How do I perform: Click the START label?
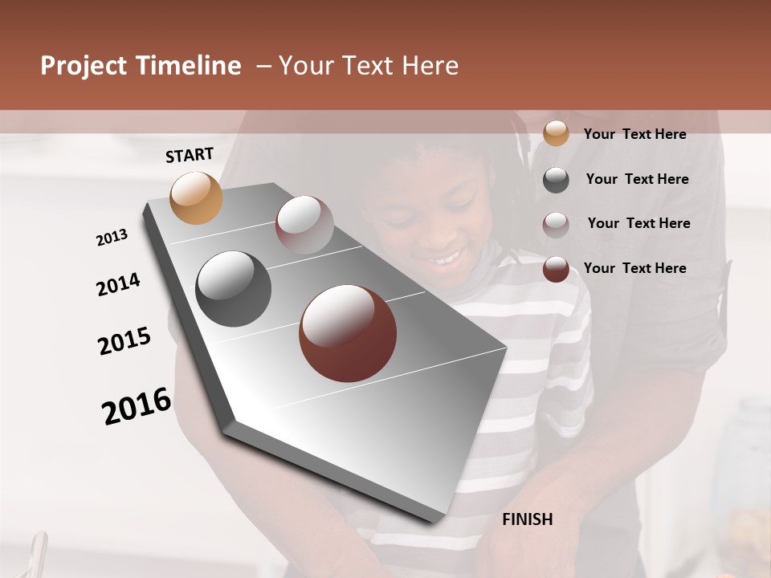[190, 155]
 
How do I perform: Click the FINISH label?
[527, 519]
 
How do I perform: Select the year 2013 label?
[112, 238]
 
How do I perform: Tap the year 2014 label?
[118, 285]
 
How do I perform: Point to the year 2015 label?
[124, 341]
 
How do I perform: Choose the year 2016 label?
[137, 406]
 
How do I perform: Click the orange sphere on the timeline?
[196, 197]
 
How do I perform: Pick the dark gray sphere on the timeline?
[233, 289]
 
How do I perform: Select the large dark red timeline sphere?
[348, 333]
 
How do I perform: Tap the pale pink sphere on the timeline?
[304, 224]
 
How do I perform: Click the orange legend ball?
[555, 134]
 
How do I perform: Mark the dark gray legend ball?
[555, 180]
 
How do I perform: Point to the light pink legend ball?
[555, 225]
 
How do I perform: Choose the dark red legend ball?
[555, 270]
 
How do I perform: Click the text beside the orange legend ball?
[634, 134]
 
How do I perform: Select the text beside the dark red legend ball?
[634, 268]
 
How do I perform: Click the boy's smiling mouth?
[444, 258]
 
